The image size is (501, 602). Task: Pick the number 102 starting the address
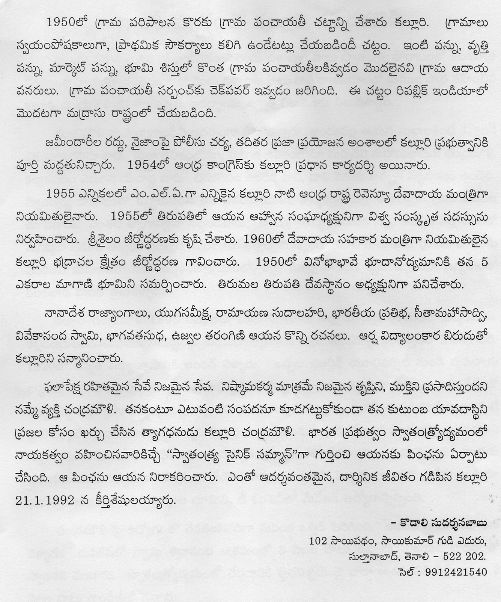pos(316,541)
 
